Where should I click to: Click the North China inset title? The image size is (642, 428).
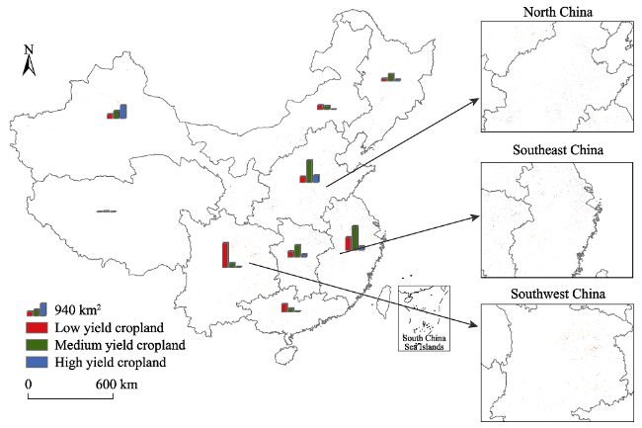(x=558, y=12)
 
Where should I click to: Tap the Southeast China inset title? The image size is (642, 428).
(x=558, y=150)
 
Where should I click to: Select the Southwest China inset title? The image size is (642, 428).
(x=558, y=295)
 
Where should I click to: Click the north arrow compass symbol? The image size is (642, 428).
(x=29, y=60)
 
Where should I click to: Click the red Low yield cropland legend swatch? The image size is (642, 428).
(x=37, y=327)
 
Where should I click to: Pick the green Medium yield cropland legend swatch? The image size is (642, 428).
(x=37, y=345)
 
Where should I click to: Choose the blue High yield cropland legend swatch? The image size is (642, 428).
(x=37, y=362)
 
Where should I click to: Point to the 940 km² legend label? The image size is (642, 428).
(x=78, y=310)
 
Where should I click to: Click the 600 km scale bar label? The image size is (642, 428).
(x=117, y=385)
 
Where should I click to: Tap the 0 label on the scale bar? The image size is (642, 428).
(x=28, y=385)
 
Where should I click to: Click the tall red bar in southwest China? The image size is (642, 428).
(x=225, y=255)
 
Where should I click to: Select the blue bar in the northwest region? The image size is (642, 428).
(x=122, y=112)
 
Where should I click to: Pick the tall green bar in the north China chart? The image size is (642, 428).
(x=309, y=171)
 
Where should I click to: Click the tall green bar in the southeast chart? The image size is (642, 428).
(x=355, y=237)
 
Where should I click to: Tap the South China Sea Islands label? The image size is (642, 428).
(x=424, y=342)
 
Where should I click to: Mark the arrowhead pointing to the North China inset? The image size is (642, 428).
(x=475, y=101)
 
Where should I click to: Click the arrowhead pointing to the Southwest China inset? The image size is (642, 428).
(x=474, y=325)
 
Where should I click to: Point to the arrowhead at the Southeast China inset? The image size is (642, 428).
(x=475, y=216)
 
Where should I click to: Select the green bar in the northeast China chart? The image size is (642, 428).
(x=391, y=76)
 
